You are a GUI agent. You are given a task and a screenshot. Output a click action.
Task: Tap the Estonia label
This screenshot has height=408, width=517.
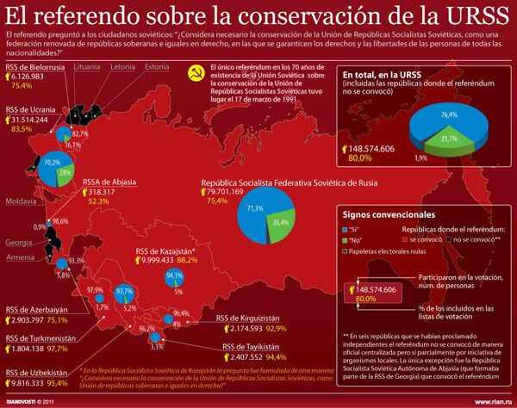click(156, 66)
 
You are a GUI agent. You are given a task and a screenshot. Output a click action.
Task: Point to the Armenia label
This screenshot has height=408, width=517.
click(21, 257)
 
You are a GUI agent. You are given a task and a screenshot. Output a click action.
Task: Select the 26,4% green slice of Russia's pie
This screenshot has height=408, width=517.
click(281, 222)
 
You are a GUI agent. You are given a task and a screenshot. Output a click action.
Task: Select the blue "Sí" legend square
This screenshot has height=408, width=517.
click(347, 229)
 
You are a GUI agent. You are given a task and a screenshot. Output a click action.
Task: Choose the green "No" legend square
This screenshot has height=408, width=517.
click(347, 240)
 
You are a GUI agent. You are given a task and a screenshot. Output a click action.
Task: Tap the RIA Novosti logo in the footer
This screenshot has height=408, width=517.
click(22, 400)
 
